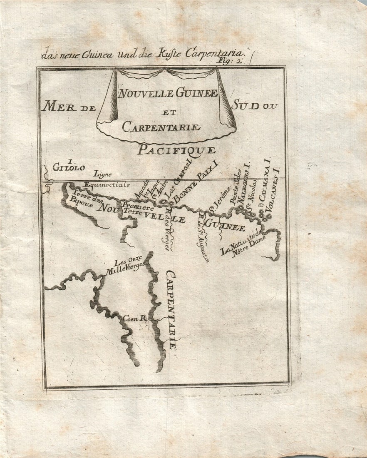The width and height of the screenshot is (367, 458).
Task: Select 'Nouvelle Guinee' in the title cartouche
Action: point(168,94)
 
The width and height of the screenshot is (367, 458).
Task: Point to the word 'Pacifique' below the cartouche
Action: point(176,150)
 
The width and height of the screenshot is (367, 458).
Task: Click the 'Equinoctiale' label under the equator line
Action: point(107,184)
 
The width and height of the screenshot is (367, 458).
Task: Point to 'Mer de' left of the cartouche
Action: point(69,107)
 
